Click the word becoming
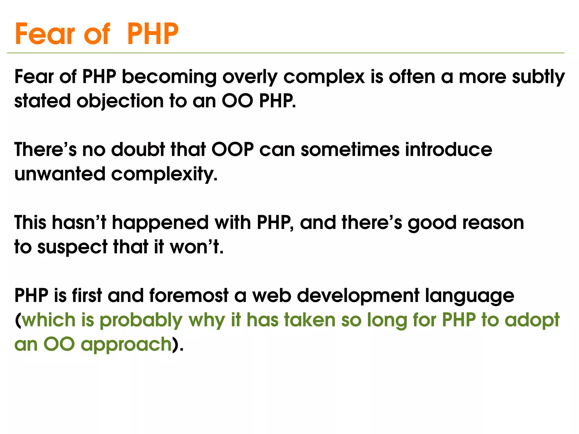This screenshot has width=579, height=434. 169,77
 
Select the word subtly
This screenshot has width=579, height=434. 538,77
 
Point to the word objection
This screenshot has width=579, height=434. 120,101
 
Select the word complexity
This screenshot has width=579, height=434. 164,174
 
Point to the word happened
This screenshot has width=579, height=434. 160,223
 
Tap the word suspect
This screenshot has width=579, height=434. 72,247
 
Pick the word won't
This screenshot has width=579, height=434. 196,247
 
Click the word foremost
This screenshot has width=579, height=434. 189,295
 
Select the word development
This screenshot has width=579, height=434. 358,296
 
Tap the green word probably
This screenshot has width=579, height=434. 141,320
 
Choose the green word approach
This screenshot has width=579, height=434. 126,345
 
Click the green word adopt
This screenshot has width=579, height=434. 532,320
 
